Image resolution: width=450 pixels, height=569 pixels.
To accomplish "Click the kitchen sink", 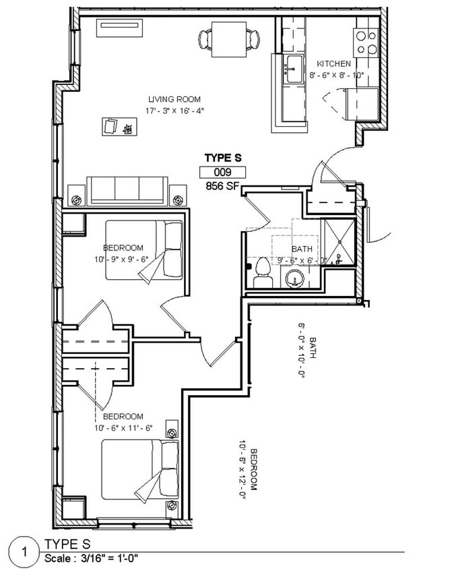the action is pos(294,69).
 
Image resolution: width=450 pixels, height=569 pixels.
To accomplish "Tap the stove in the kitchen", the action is pos(366,42).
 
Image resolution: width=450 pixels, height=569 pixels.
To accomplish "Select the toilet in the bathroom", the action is pos(262,273).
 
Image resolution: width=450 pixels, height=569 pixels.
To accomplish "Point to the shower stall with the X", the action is pos(340,241).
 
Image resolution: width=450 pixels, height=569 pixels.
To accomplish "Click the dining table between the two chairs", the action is pos(229,39).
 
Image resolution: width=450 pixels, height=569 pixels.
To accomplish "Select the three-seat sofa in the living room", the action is pos(127,191).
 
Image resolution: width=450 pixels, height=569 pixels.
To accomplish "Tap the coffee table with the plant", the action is pos(120,127).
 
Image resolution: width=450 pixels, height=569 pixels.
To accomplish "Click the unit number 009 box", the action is pos(223,172).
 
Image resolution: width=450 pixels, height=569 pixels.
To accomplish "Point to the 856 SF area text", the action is pos(223,186).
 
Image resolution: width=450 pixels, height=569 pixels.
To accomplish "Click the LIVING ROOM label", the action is pos(174,99).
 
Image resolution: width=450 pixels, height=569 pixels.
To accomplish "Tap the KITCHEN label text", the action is pos(334,64).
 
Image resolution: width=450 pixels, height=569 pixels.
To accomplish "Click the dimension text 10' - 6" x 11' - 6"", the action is pos(124,428).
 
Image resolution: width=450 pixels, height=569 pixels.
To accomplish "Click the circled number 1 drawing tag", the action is pos(24,553).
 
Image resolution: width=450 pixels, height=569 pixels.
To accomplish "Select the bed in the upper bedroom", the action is pos(144,250).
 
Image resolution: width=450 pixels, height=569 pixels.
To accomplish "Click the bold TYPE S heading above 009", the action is pos(223,158).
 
